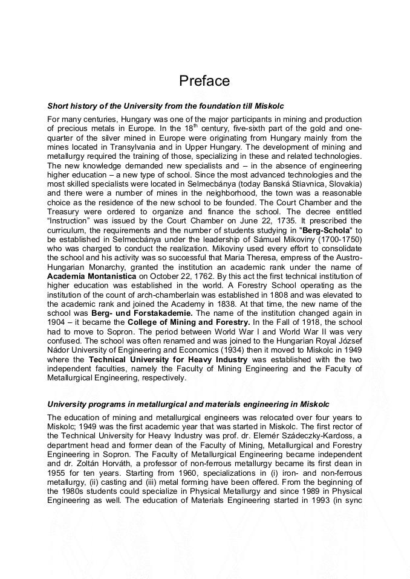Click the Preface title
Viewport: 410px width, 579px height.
click(x=204, y=81)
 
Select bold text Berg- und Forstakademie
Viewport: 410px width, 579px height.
click(x=142, y=313)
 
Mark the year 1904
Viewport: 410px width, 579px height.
click(x=57, y=323)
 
